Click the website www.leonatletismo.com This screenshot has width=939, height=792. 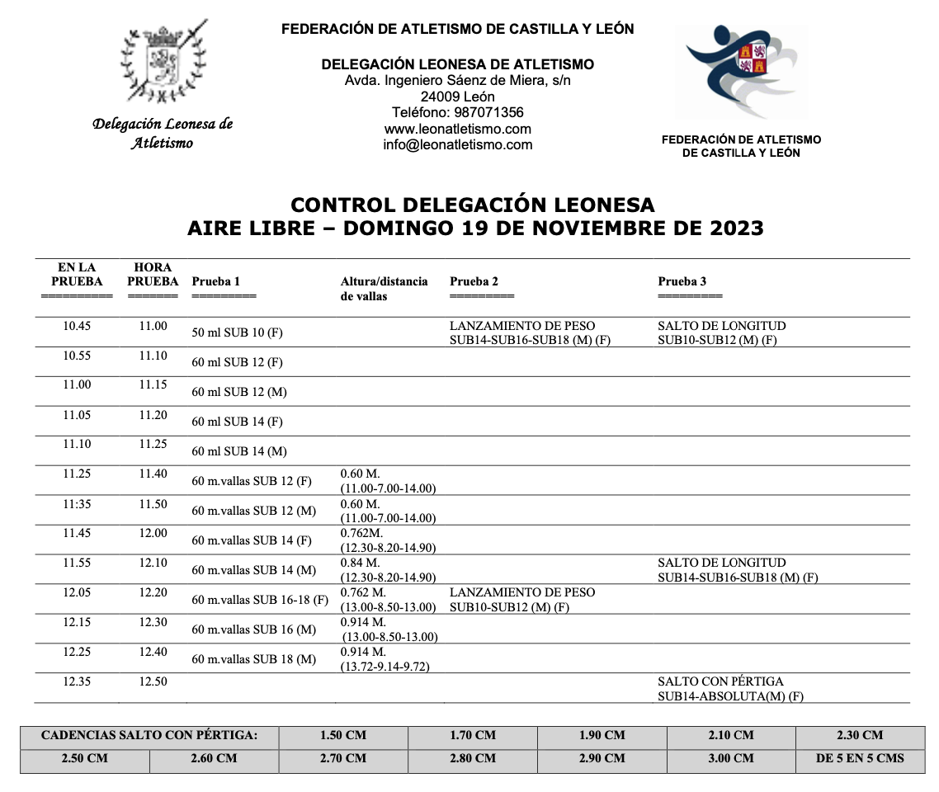tap(457, 129)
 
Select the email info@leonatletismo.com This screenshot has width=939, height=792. tap(457, 144)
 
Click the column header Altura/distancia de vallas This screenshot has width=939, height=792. tap(384, 288)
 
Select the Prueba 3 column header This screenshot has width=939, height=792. tap(682, 281)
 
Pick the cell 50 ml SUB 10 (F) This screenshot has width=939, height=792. tap(238, 332)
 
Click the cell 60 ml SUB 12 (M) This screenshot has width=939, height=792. tap(239, 392)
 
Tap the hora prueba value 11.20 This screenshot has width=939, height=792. tap(153, 414)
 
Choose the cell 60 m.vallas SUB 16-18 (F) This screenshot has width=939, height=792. tap(260, 600)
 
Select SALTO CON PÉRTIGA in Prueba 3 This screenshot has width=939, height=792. tap(720, 681)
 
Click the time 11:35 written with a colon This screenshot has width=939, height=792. tap(77, 503)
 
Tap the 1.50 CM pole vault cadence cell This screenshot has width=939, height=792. tap(343, 735)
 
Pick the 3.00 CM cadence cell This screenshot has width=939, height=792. tap(731, 758)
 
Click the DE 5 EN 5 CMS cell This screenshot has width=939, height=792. tap(860, 758)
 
